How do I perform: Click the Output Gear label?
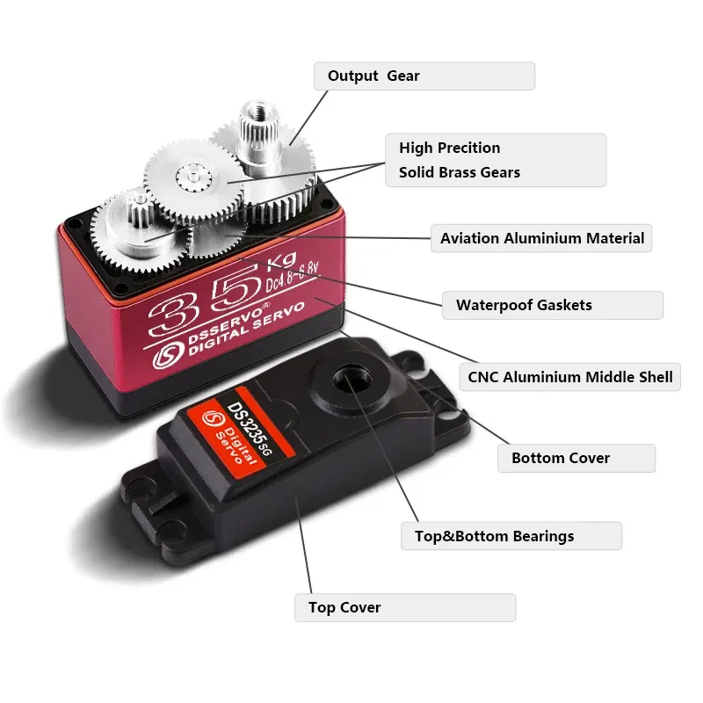coord(424,76)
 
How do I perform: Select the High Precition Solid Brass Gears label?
coord(496,160)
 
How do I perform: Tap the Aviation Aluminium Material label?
coord(541,238)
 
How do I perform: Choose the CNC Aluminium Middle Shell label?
coord(570,377)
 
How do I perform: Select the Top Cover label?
coord(404,607)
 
